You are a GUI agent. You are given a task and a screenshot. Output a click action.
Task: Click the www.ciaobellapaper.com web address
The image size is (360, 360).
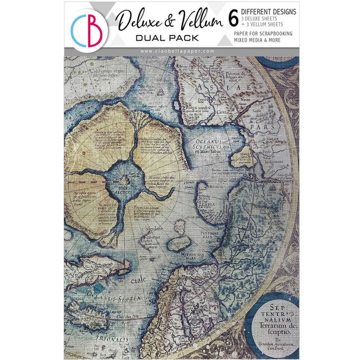click(177, 51)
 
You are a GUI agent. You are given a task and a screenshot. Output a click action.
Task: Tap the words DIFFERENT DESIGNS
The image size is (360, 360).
click(269, 12)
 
